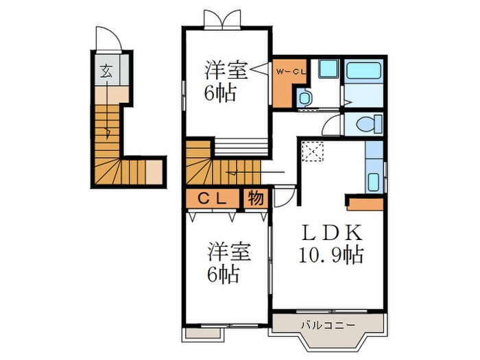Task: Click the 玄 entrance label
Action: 108,69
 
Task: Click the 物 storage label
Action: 255,198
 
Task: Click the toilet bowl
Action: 365,125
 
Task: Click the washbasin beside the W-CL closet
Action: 305,97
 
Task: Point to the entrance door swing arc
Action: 109,39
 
